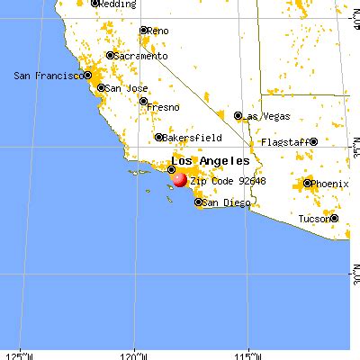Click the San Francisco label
tap(44, 76)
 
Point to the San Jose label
tap(125, 88)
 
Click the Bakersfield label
tap(191, 138)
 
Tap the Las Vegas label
tap(266, 115)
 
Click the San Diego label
tap(225, 203)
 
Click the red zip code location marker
tap(179, 179)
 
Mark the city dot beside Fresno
tap(144, 102)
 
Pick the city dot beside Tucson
tap(333, 217)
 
